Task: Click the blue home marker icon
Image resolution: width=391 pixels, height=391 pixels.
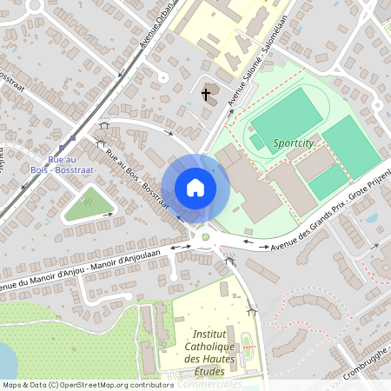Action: [195, 188]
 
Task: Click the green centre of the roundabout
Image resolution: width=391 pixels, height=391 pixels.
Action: [206, 236]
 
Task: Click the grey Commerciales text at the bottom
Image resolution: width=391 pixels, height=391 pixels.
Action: [209, 383]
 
